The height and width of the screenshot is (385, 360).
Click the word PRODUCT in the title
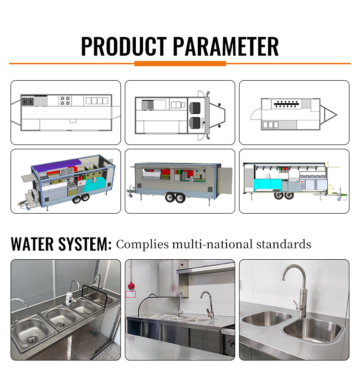(124, 46)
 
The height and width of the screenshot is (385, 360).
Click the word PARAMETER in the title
(226, 46)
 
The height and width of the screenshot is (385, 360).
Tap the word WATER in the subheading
(32, 244)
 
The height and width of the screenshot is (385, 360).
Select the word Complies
(143, 244)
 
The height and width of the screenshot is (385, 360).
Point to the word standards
(284, 244)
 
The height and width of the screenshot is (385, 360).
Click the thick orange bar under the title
(180, 63)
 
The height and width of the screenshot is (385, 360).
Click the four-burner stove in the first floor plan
(65, 101)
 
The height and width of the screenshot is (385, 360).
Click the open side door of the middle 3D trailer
(225, 180)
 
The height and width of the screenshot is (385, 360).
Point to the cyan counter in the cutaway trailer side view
(267, 184)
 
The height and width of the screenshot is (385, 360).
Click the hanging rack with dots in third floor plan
(287, 104)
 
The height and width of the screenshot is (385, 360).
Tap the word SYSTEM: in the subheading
(85, 244)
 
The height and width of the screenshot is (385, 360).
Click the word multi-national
(213, 244)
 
